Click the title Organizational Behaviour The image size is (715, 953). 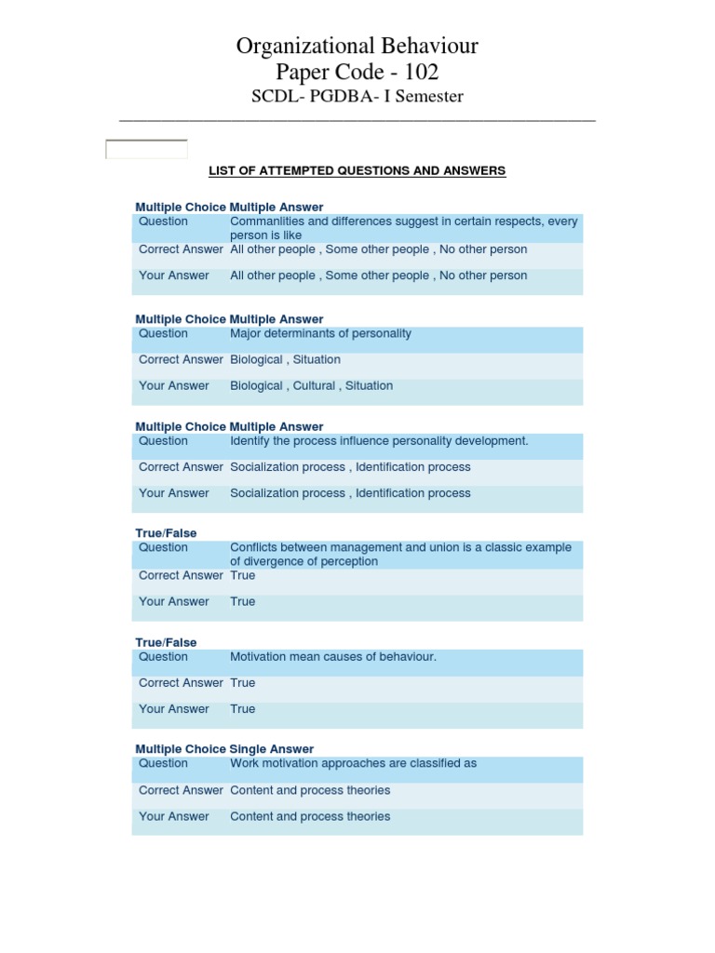tap(357, 46)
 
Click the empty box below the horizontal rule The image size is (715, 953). tap(146, 149)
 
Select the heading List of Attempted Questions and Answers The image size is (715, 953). tap(357, 171)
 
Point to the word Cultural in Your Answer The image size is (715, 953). tap(314, 385)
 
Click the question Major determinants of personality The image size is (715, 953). tap(320, 333)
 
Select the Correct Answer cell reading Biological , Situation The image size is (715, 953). tap(285, 359)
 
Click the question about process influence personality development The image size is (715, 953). tap(379, 441)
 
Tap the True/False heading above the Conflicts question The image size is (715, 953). tap(166, 533)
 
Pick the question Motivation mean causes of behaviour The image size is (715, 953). tap(332, 657)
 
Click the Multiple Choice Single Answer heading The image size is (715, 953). tap(224, 749)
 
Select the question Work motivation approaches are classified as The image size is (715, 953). tap(353, 763)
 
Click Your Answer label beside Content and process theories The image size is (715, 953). tap(174, 816)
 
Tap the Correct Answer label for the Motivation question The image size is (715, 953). tap(181, 682)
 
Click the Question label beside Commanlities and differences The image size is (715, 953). tap(163, 221)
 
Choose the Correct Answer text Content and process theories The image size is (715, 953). tap(310, 790)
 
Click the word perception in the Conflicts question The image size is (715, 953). tap(349, 562)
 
